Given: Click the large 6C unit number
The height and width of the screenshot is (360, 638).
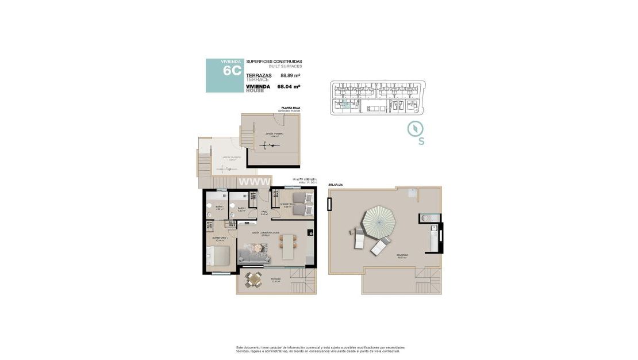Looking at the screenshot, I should tap(232, 71).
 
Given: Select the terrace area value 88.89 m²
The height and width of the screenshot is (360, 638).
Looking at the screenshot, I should tap(291, 75).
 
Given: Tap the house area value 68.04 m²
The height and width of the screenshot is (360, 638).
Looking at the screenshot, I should tap(289, 87).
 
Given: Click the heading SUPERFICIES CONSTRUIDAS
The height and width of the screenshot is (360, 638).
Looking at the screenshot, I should tap(274, 62).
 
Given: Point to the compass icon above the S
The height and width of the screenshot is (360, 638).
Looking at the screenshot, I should tap(416, 129).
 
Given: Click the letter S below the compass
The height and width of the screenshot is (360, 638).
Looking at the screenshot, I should tap(421, 142).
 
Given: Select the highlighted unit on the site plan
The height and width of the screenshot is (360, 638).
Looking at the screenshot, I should tap(345, 104).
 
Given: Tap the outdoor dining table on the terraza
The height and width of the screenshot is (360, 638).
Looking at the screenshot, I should tap(255, 279).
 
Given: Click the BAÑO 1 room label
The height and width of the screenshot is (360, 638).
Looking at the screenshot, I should tap(219, 207).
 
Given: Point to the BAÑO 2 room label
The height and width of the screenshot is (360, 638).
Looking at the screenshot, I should tap(241, 208).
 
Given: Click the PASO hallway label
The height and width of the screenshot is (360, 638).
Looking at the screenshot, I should tap(264, 212).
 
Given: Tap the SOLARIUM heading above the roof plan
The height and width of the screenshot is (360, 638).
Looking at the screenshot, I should tap(335, 185).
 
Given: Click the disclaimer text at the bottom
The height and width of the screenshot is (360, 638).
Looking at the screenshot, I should tap(320, 349).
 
